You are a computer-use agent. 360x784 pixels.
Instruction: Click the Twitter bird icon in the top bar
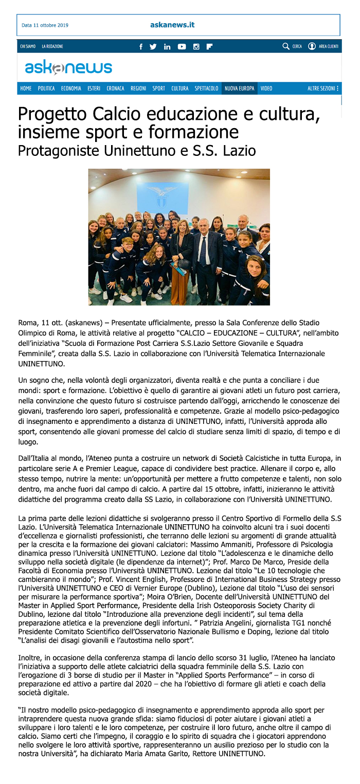click(x=153, y=46)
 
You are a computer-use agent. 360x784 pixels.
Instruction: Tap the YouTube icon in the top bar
click(x=182, y=46)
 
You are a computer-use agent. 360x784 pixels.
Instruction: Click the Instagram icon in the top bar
click(x=196, y=46)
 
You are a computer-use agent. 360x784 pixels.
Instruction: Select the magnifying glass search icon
click(x=286, y=46)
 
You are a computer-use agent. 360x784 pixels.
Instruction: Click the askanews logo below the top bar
click(x=68, y=67)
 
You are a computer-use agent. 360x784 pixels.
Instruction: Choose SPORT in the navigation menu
click(x=158, y=88)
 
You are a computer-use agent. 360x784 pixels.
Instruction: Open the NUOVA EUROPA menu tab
click(x=239, y=88)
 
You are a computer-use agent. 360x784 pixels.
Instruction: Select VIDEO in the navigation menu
click(x=266, y=88)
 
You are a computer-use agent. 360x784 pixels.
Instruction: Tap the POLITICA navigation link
click(x=46, y=88)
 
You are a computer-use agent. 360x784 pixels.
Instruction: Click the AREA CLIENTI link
click(x=328, y=46)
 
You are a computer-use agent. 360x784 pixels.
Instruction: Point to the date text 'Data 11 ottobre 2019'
click(x=45, y=25)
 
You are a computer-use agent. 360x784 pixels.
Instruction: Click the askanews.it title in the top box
click(x=172, y=25)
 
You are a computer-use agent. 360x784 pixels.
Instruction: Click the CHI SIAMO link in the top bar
click(x=28, y=46)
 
